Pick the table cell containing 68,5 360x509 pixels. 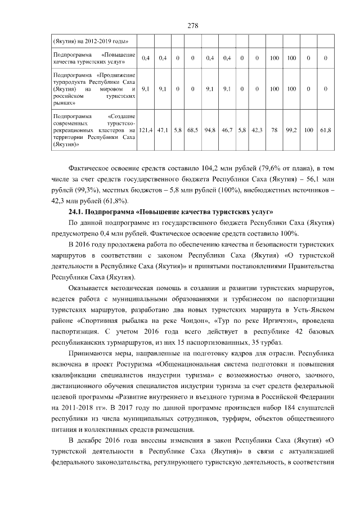pos(192,130)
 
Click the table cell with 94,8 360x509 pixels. pos(210,130)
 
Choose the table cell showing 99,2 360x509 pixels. pos(292,130)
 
